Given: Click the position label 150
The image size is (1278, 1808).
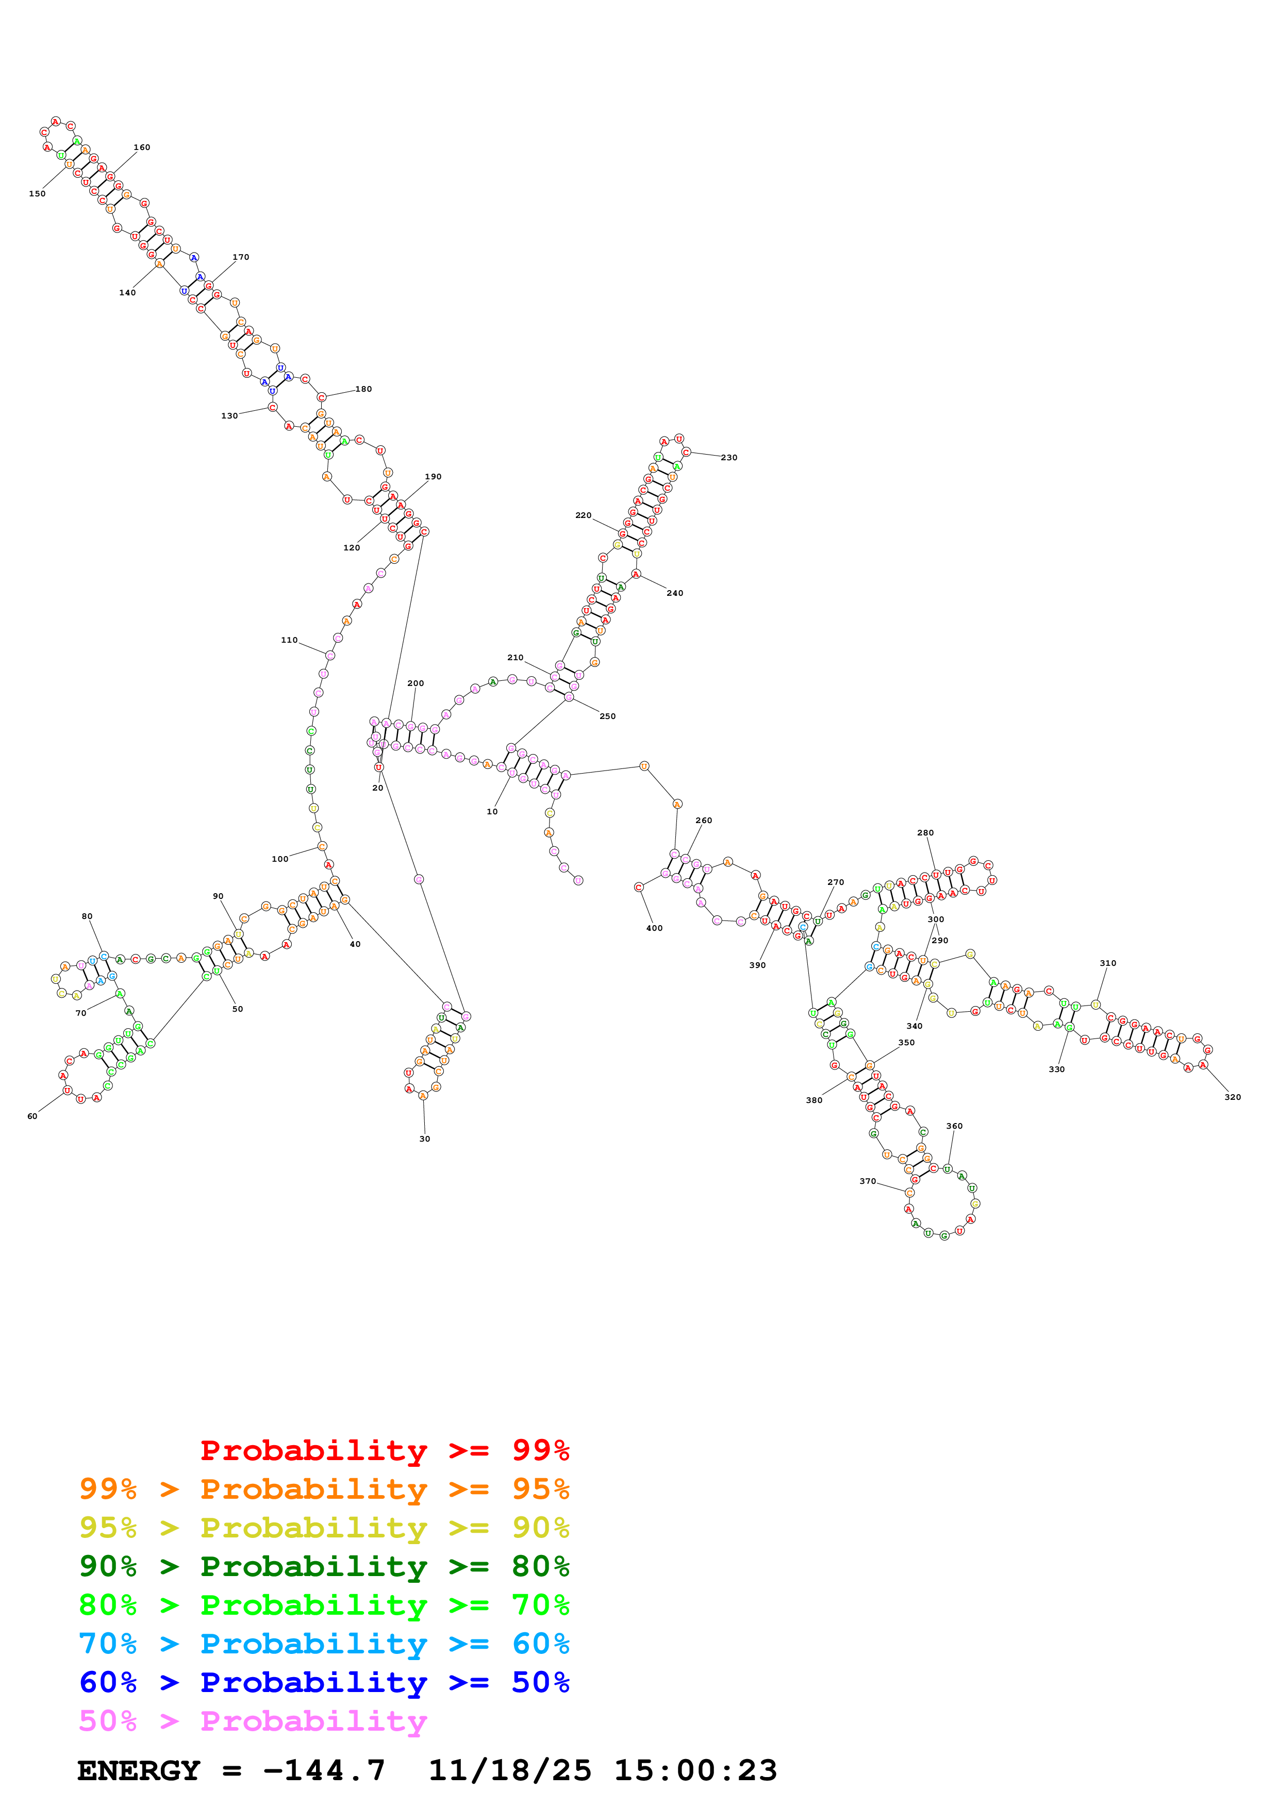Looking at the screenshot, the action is click(37, 194).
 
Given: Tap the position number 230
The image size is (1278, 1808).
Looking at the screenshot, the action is click(728, 458).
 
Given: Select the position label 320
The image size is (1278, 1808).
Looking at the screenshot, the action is click(1232, 1097).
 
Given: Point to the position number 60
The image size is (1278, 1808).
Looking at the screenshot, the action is click(32, 1116).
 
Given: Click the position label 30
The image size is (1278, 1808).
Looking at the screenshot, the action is click(424, 1139).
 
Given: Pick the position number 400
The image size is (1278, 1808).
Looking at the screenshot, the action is click(654, 928).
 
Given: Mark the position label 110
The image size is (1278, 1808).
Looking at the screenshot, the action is click(289, 640).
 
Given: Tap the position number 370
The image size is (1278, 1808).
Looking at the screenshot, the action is click(867, 1181).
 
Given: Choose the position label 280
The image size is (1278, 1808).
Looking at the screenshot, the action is click(925, 832).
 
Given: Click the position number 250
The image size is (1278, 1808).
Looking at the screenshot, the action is click(607, 716).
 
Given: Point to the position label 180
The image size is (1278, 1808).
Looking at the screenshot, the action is click(363, 389).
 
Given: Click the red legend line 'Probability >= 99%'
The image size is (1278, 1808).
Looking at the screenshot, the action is click(384, 1450).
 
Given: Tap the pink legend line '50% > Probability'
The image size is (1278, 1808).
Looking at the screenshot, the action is click(253, 1721).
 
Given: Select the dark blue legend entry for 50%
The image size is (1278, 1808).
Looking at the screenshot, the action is click(324, 1682).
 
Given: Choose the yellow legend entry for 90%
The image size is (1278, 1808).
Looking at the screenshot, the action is click(324, 1528).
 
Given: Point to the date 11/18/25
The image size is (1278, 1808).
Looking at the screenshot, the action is click(509, 1771).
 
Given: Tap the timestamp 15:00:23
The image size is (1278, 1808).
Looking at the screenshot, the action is click(695, 1771).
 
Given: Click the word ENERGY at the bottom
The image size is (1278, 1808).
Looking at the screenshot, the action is click(139, 1771).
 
